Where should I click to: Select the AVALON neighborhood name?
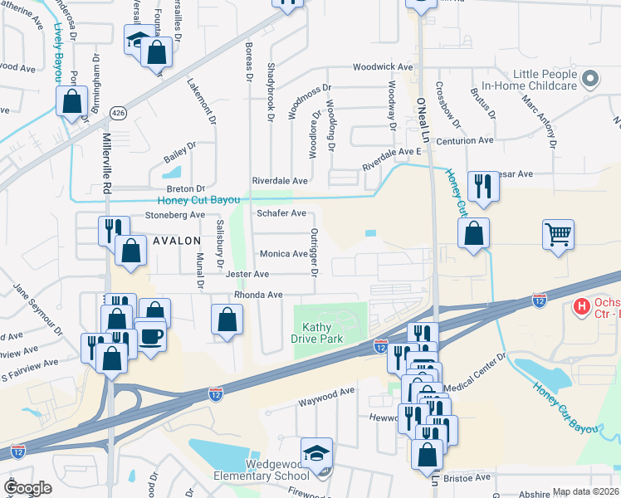176,241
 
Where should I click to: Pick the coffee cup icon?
150,336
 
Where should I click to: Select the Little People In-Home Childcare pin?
590,80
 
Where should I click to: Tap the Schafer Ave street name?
281,213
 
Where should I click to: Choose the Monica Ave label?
284,254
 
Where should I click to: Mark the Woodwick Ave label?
382,66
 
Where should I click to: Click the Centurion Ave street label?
467,140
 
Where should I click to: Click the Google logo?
27,488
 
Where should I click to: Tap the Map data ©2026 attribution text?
584,491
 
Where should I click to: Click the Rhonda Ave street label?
258,295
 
